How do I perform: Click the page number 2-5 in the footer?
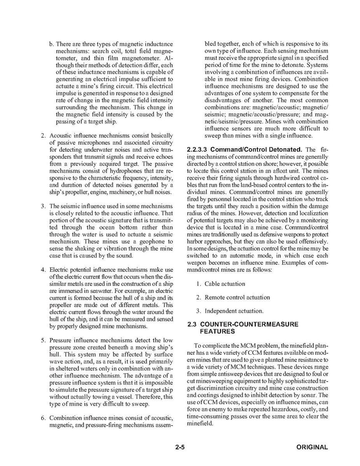click(180, 447)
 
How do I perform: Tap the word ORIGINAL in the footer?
click(312, 447)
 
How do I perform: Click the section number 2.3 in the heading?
click(191, 324)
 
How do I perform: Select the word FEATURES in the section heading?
click(217, 331)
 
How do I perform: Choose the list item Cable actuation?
click(225, 284)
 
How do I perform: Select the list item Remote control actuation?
click(237, 298)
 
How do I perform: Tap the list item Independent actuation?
click(234, 311)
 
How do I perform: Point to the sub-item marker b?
click(51, 44)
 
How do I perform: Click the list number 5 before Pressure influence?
click(43, 341)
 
